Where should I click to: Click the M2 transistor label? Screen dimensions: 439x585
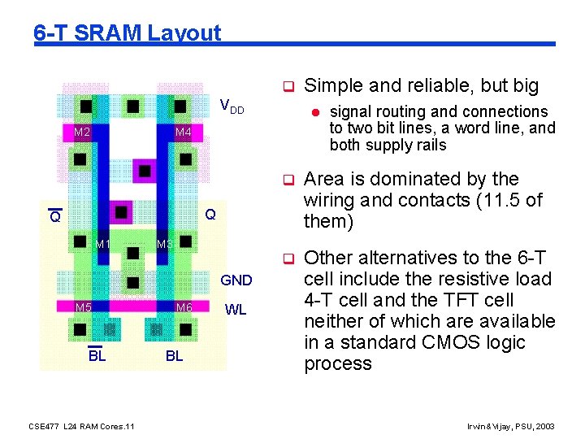click(82, 133)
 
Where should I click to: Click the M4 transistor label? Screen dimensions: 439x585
click(184, 133)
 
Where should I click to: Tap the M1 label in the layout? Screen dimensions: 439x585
click(102, 245)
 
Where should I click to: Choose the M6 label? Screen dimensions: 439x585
click(184, 307)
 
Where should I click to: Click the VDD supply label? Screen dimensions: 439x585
click(232, 106)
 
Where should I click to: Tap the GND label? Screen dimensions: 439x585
click(236, 280)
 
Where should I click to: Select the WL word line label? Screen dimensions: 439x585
click(236, 310)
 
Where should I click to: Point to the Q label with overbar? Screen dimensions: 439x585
click(54, 217)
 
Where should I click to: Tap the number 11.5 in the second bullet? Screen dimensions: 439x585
click(485, 200)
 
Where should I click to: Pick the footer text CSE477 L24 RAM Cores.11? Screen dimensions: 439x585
click(81, 426)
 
